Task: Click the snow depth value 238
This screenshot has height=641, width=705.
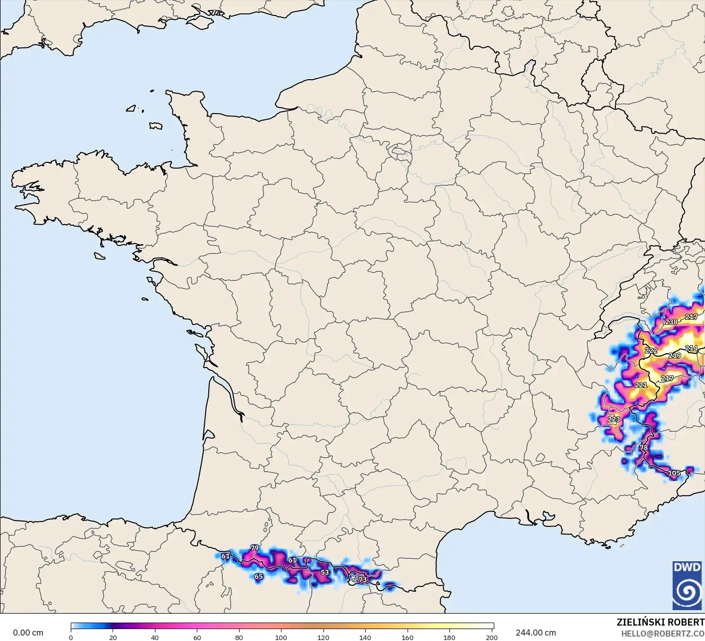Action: pos(672,322)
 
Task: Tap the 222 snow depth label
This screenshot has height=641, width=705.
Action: pos(651,351)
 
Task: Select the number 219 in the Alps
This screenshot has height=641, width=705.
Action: pos(675,356)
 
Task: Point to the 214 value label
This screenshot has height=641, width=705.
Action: pos(691,348)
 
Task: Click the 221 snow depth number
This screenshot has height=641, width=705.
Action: pos(641,385)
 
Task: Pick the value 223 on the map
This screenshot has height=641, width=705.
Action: pos(614,419)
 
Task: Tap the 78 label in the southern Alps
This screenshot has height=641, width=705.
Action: pos(644,448)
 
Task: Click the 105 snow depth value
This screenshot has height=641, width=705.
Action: pos(674,473)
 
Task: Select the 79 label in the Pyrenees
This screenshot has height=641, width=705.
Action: pos(255,548)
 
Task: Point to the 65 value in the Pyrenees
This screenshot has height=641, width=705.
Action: pos(259,577)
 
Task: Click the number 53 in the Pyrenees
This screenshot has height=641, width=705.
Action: pos(325,572)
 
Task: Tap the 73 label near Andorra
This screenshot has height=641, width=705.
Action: pos(363,580)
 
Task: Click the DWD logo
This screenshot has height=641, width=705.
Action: pos(687,585)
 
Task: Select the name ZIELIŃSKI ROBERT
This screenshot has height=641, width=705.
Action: pos(660,623)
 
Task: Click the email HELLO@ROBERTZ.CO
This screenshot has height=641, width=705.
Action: pos(663,634)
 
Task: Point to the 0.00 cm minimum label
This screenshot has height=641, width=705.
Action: pos(28,633)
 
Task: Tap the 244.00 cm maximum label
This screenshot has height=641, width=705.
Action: pos(536,633)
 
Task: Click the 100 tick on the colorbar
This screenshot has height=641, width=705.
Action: pos(281,638)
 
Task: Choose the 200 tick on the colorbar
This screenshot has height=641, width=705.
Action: pos(492,638)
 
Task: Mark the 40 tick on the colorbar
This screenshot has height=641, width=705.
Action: pos(155,638)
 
